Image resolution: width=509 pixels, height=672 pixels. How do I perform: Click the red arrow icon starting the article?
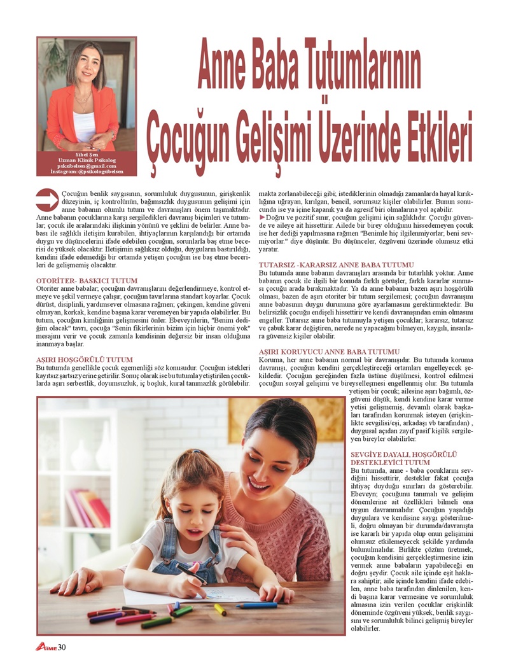pos(47,199)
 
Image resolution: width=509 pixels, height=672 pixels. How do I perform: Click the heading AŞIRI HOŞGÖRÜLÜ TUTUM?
pos(85,360)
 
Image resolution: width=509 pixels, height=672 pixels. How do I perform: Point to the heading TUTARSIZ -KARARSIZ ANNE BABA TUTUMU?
pos(336,264)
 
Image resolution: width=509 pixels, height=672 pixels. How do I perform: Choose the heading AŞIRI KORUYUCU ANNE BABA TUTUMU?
pos(329,352)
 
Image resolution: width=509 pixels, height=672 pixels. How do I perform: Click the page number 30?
pos(62,648)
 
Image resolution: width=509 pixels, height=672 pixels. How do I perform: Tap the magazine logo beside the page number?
pos(46,648)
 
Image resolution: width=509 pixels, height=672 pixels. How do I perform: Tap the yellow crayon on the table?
pos(220,609)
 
